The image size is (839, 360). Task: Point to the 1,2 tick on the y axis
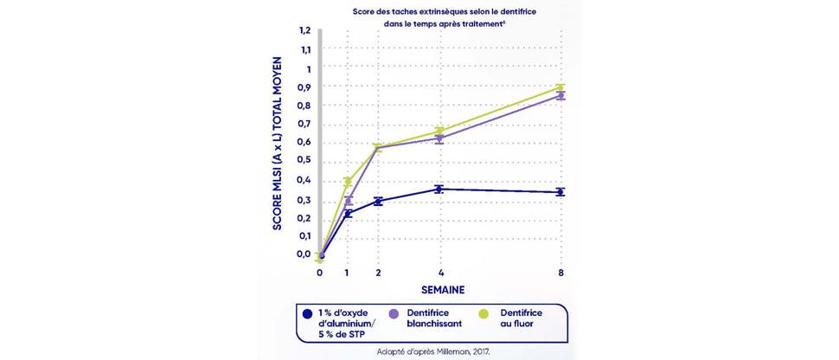pyautogui.click(x=304, y=31)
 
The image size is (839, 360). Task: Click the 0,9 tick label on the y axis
pyautogui.click(x=304, y=87)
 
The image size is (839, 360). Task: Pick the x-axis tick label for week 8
pyautogui.click(x=560, y=273)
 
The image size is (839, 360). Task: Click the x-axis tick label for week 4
pyautogui.click(x=440, y=273)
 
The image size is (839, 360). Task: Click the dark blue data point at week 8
pyautogui.click(x=560, y=191)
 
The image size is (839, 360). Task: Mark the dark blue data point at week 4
pyautogui.click(x=439, y=189)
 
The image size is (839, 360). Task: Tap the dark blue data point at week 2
pyautogui.click(x=378, y=201)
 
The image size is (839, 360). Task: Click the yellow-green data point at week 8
pyautogui.click(x=560, y=87)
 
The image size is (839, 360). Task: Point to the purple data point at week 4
pyautogui.click(x=439, y=138)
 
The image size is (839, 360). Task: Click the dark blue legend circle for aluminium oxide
pyautogui.click(x=307, y=313)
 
